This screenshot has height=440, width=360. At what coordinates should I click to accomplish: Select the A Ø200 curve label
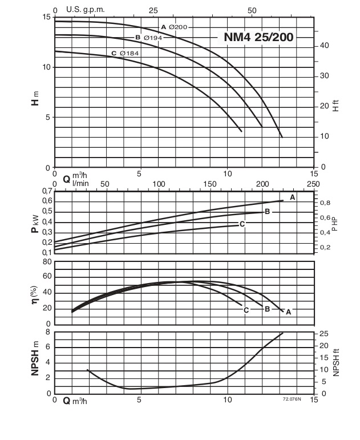pyautogui.click(x=173, y=27)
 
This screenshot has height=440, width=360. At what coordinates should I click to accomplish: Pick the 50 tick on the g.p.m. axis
pyautogui.click(x=253, y=10)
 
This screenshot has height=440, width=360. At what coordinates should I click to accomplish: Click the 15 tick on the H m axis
pyautogui.click(x=46, y=17)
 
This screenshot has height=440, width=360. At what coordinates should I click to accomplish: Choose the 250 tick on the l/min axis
pyautogui.click(x=313, y=184)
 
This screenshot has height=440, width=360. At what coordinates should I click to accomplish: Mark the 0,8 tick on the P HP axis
pyautogui.click(x=325, y=203)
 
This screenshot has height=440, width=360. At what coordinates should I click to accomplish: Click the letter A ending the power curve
pyautogui.click(x=292, y=197)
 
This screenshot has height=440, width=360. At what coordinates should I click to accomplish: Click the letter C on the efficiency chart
pyautogui.click(x=246, y=310)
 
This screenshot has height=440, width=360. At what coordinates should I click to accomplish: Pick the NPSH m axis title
pyautogui.click(x=35, y=362)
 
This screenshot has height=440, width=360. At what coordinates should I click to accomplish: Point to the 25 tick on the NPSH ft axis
pyautogui.click(x=323, y=334)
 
